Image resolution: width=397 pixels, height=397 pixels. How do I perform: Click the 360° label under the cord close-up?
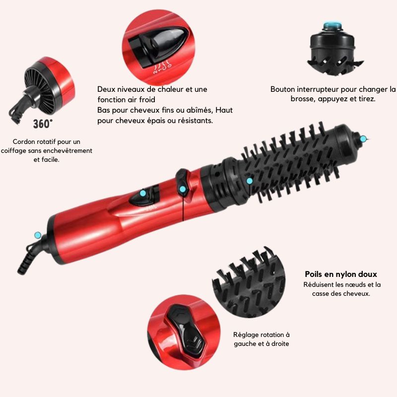[x=43, y=124]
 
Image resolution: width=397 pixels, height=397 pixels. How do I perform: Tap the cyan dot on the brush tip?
[x=363, y=139]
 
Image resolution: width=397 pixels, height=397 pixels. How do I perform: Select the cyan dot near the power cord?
[x=38, y=235]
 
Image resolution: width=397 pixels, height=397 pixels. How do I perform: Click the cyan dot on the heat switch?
[x=143, y=193]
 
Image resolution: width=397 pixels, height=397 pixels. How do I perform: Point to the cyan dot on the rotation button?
[x=182, y=189]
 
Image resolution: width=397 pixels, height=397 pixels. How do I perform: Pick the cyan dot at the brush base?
[x=250, y=181]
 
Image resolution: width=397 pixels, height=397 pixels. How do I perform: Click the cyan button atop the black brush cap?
[x=331, y=26]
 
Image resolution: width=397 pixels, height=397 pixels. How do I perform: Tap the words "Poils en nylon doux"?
[x=341, y=274]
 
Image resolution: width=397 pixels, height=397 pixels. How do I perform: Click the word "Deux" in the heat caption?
[x=106, y=89]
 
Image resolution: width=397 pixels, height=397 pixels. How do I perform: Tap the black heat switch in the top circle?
[x=159, y=47]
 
